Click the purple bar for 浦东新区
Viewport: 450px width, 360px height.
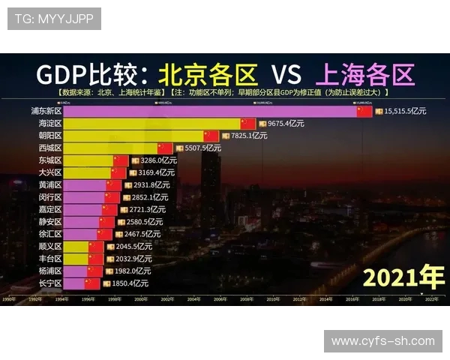210,111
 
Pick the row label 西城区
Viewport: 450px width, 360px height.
50,148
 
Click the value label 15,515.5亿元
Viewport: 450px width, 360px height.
405,111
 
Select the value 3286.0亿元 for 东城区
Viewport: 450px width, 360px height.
158,160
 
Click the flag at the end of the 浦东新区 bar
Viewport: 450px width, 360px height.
364,111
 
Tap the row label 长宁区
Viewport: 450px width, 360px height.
50,283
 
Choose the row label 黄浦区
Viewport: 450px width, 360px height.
50,184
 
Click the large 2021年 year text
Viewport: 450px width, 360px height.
403,277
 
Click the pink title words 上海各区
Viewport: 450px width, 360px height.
365,74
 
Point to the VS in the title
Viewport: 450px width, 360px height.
286,74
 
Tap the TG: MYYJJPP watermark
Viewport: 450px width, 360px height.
54,19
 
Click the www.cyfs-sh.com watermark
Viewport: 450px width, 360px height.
382,340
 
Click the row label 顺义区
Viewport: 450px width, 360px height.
50,246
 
